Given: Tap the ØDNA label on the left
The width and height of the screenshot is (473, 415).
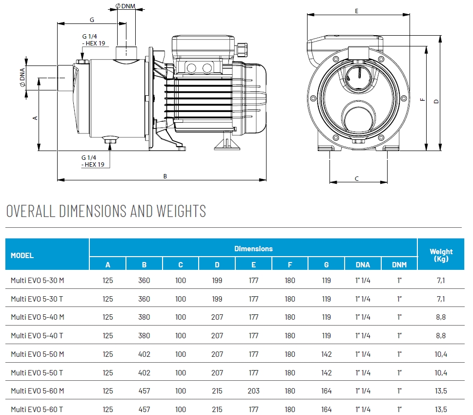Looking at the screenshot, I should [22, 77].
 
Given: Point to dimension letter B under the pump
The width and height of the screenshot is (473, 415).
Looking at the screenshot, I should [165, 176].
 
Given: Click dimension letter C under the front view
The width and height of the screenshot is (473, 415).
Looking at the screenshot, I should [357, 178].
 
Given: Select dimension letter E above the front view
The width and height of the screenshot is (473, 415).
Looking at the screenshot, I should [357, 10].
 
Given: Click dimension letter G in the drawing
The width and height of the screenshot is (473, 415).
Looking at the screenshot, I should [92, 20].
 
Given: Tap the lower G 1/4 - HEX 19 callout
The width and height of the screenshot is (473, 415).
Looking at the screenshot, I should [93, 161].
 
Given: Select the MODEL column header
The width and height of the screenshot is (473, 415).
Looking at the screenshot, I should [22, 255].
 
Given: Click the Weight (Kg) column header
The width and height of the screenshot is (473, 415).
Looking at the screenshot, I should [441, 255].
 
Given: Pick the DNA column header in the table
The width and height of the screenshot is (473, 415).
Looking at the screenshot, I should [363, 265].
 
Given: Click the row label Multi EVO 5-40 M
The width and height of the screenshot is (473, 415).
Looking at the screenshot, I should [38, 317].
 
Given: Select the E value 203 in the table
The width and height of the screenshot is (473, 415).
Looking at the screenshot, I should [253, 391].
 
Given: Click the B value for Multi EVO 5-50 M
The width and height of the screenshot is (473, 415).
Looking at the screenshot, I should [144, 354].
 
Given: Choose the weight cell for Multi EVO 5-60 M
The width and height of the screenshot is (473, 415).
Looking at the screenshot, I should [441, 391].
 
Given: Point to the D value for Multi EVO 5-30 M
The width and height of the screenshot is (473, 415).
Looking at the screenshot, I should [217, 281].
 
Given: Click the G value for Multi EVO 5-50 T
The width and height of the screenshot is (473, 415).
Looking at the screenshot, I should [326, 373].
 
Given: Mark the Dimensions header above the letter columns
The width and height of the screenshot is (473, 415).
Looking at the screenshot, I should [253, 249].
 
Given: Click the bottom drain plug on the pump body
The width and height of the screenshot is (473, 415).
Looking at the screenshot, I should [110, 142].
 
